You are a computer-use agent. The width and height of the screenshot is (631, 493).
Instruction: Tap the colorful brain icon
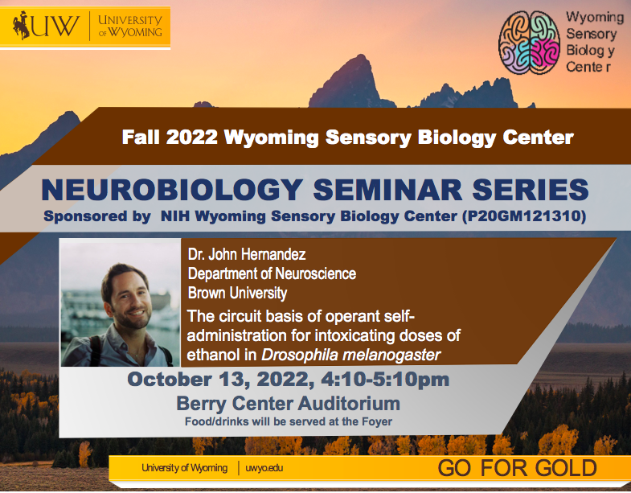pos(528,44)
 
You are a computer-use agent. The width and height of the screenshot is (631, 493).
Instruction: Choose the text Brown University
pos(237,293)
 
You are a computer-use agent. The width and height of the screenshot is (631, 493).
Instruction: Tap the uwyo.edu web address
pos(264,468)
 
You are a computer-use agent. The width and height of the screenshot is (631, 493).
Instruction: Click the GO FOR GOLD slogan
pos(517,468)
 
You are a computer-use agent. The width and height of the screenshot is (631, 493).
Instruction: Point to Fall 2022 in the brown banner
pos(169,138)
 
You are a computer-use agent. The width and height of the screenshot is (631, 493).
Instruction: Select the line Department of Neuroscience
pos(272,274)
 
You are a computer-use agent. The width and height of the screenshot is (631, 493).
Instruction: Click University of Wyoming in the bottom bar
pos(184,468)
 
